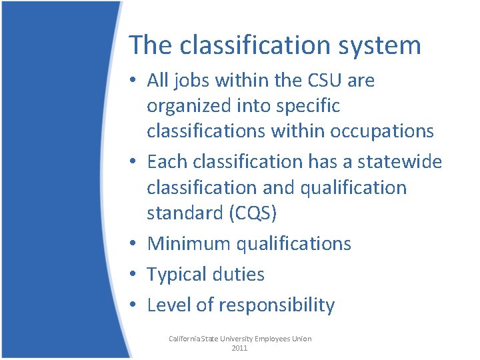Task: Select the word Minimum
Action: click(x=188, y=243)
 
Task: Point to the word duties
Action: click(x=239, y=274)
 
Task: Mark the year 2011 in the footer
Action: click(x=240, y=348)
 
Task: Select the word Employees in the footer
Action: click(x=269, y=339)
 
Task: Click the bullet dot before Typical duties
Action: click(x=134, y=275)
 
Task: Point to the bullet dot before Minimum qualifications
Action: click(x=134, y=244)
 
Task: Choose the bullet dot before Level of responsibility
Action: click(x=134, y=305)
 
